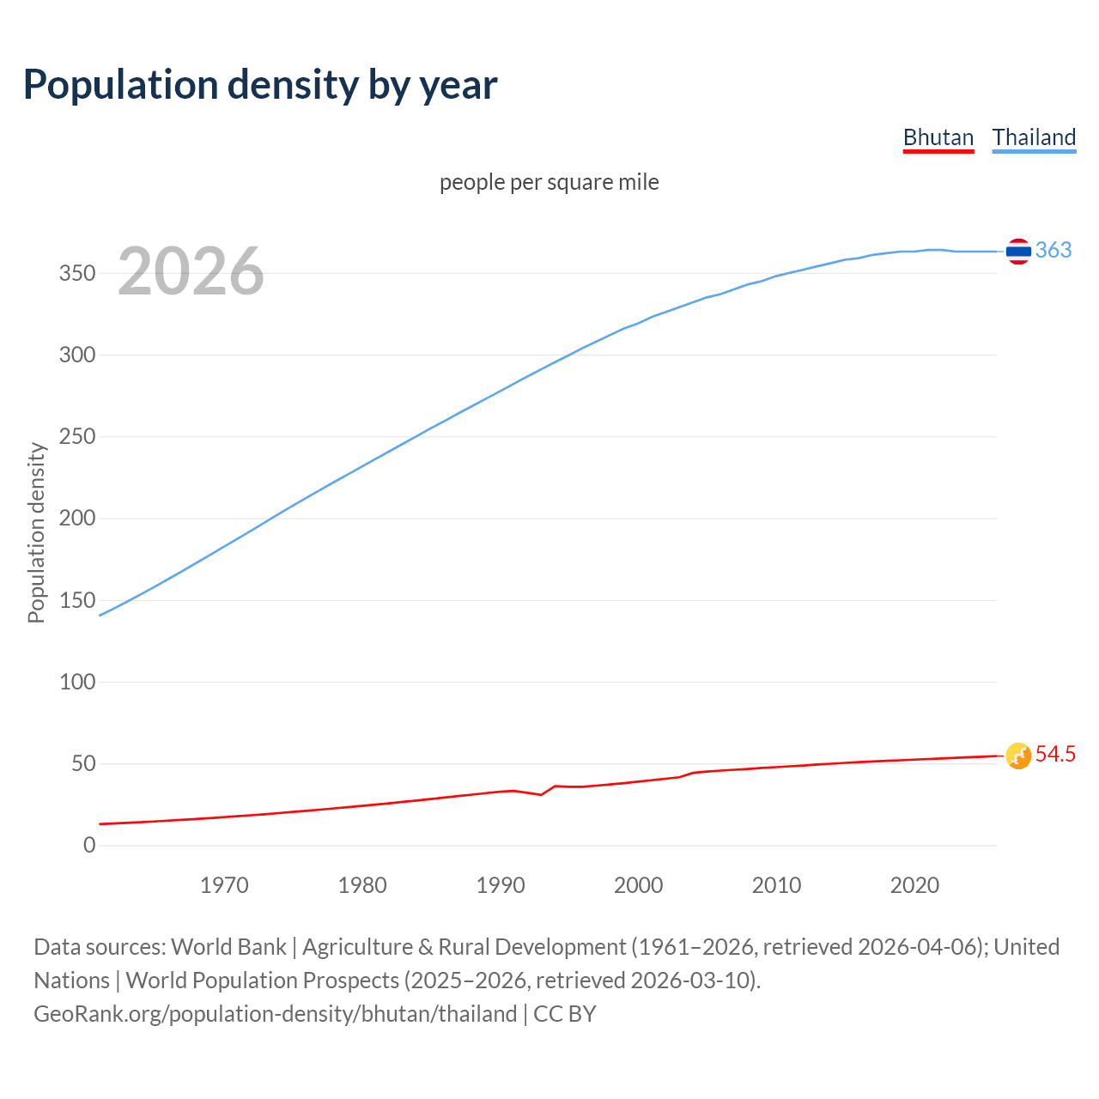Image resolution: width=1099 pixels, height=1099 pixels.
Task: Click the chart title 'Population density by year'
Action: tap(260, 85)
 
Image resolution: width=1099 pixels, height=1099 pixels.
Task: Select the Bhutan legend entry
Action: tap(938, 137)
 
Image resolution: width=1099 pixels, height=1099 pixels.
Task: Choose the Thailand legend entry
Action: tap(1034, 137)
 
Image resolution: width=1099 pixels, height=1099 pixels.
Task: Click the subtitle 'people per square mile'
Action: tap(549, 183)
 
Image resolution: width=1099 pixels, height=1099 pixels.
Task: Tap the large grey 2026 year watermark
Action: tap(191, 271)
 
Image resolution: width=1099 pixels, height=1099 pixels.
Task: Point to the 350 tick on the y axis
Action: tap(76, 274)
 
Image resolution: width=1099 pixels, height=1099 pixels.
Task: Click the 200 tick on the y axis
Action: tap(76, 519)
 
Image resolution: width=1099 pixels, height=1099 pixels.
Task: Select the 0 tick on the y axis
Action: tap(89, 846)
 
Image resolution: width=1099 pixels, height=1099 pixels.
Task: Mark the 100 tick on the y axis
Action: tap(76, 683)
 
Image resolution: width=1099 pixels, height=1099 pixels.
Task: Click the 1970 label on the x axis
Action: tap(224, 885)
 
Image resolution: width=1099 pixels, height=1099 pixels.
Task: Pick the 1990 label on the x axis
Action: tap(501, 885)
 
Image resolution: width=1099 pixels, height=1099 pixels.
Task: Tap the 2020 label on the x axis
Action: tap(914, 885)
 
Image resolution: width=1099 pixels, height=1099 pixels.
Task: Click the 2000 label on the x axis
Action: tap(638, 885)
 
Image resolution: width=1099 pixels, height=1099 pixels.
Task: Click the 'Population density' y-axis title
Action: tap(36, 532)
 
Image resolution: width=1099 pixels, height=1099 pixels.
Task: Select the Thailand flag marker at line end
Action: tap(1018, 252)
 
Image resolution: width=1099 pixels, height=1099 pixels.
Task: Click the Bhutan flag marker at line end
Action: tap(1018, 756)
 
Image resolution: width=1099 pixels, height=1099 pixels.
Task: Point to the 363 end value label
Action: tap(1053, 250)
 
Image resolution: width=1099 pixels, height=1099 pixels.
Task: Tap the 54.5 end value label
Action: tap(1055, 754)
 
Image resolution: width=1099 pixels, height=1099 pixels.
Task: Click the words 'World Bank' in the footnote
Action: tap(228, 947)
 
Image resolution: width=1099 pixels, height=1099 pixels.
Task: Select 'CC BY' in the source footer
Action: tap(564, 1014)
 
